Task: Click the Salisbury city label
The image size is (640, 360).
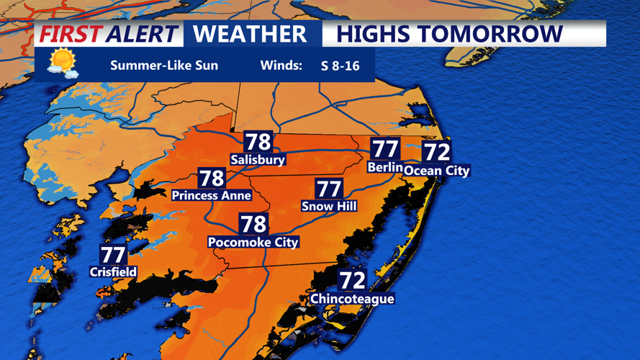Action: (258, 160)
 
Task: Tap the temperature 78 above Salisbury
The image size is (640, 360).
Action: (258, 142)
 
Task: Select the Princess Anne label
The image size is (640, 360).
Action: (211, 195)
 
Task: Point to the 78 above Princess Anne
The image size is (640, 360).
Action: (212, 178)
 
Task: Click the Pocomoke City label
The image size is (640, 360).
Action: (253, 243)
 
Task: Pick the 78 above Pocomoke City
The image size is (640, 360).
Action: (253, 224)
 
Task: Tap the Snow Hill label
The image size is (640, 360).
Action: (329, 207)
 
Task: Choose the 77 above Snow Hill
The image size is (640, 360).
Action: (329, 189)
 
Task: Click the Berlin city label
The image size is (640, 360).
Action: (384, 167)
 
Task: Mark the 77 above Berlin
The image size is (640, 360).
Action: (385, 149)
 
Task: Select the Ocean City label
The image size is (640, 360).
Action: (436, 171)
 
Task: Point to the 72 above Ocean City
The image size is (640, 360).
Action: (436, 152)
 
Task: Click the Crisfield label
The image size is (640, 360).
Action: (113, 272)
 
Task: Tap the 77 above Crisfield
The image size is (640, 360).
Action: (113, 255)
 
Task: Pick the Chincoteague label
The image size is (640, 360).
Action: (352, 299)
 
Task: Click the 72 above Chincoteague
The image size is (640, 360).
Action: (353, 279)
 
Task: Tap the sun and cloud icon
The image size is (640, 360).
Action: (62, 63)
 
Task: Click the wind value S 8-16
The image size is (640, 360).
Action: (340, 66)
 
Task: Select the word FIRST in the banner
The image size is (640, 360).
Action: (69, 34)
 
